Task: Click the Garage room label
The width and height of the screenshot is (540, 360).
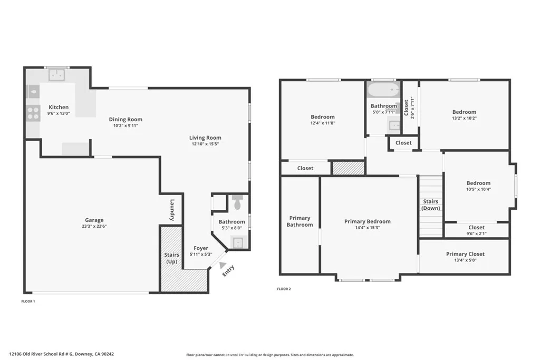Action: (x=94, y=220)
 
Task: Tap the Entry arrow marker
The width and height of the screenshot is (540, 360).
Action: (x=223, y=266)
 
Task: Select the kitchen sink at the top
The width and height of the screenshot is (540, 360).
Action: (x=56, y=76)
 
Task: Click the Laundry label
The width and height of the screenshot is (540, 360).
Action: (x=172, y=209)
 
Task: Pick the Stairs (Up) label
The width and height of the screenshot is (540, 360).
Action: (x=172, y=258)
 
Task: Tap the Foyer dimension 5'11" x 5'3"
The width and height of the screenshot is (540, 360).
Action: (x=200, y=255)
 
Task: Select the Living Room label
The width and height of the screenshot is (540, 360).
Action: (x=205, y=138)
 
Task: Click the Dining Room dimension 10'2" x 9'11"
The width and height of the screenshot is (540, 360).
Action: (x=126, y=125)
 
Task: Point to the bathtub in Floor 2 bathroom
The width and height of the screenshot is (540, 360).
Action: (x=383, y=90)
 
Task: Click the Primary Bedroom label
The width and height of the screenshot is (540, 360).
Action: (x=368, y=221)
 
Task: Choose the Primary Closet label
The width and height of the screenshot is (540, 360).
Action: (x=465, y=254)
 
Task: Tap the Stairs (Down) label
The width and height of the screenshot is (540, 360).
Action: (x=430, y=205)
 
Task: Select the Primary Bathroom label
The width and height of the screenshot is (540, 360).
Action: (x=300, y=221)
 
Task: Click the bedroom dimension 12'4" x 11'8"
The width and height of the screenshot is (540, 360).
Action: (x=322, y=123)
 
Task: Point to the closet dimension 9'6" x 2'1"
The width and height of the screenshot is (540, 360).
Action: (x=476, y=233)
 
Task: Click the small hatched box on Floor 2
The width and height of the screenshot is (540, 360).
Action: (x=348, y=168)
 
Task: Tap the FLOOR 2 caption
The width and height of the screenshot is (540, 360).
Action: (x=284, y=289)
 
